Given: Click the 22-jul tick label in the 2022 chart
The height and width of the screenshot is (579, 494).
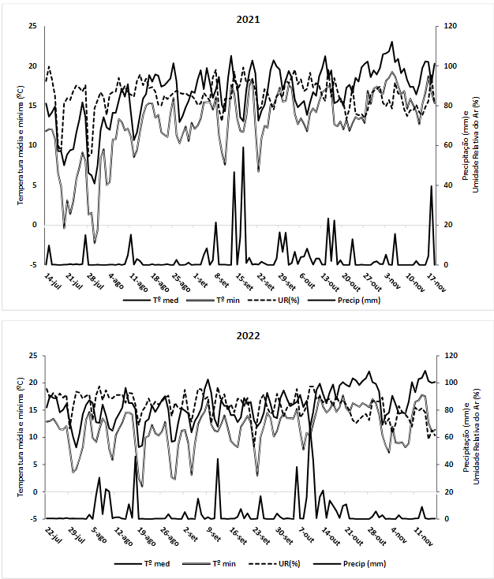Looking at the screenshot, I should [54, 534].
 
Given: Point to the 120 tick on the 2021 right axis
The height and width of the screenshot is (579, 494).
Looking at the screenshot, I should [448, 26].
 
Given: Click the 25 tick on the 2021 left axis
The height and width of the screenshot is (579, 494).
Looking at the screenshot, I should [32, 26].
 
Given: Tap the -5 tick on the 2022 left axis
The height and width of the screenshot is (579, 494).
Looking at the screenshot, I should [32, 518].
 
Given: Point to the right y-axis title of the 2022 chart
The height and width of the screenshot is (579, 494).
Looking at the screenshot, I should [470, 439].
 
